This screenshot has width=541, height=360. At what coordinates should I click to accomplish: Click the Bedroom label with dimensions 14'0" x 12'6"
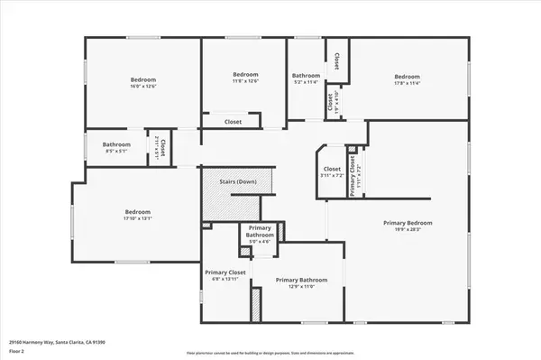pos(137,79)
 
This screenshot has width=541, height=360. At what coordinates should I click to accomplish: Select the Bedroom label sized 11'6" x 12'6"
pos(245,74)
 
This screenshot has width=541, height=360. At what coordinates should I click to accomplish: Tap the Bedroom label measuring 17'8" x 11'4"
pos(408,77)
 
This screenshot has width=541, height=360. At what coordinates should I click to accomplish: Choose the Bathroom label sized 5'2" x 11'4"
pos(306,76)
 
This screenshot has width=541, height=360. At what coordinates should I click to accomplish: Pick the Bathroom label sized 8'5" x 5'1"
pos(116,144)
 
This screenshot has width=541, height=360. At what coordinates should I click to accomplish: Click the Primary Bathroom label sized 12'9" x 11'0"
pos(301,280)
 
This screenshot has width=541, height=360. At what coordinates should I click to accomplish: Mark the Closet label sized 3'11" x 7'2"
pos(332,169)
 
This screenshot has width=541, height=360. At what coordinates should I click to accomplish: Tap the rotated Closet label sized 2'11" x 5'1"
pos(159,146)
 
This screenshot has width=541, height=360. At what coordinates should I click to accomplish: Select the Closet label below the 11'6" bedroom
pos(233,121)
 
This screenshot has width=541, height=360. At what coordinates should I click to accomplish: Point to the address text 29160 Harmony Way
pos(46,342)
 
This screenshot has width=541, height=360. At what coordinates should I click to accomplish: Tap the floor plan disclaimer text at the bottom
pos(270,352)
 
